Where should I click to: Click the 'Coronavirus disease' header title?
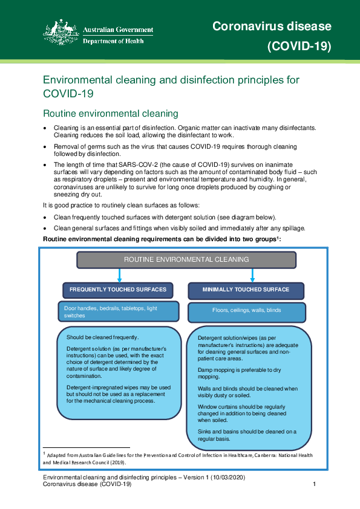pos(272,26)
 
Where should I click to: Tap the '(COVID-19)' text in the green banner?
pos(299,47)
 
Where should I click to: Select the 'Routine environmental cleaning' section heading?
pos(111,113)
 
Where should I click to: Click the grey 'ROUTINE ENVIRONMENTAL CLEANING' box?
pos(186,259)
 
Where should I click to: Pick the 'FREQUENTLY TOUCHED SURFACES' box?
pos(118,290)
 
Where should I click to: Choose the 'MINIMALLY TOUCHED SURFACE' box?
pos(246,290)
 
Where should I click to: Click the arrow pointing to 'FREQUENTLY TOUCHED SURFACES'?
pos(119,275)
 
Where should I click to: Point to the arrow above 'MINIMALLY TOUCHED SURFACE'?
pos(252,275)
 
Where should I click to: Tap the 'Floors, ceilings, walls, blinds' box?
pos(246,311)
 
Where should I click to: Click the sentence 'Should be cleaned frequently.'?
pos(103,337)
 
